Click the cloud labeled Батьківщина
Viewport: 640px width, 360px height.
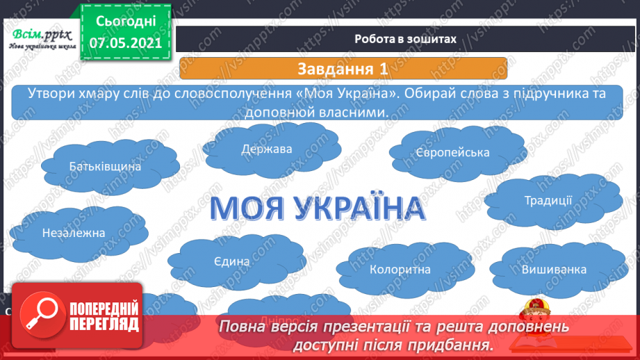pyautogui.click(x=106, y=167)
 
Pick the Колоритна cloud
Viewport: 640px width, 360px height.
pyautogui.click(x=400, y=269)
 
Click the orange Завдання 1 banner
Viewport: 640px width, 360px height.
pyautogui.click(x=343, y=69)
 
